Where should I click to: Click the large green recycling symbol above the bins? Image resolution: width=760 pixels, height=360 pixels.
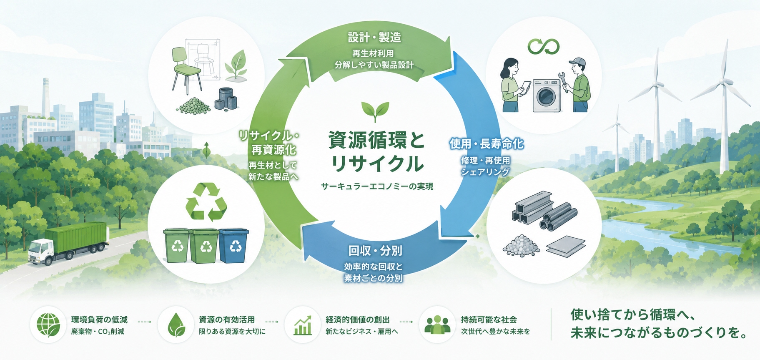pos(206,201)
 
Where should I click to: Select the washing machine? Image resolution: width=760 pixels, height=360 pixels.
pos(547,96)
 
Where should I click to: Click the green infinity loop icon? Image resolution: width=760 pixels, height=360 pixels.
pos(543,47)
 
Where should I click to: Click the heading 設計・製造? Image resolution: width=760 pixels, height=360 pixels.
pos(374,38)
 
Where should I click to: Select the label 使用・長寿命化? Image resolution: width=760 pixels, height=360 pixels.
pos(486,144)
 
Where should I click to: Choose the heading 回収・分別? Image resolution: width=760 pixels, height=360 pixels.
pos(375,251)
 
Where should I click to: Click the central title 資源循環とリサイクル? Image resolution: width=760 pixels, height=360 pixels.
pos(377,152)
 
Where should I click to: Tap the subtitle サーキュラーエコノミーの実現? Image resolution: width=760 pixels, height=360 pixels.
pos(377,186)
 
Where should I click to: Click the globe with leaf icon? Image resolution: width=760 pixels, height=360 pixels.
pos(48,325)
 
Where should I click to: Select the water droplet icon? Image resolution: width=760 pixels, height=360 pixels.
pos(176,325)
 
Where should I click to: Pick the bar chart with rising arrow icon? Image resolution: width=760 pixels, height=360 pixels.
pos(303,325)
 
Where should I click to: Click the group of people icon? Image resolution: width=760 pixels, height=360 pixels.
pos(437,325)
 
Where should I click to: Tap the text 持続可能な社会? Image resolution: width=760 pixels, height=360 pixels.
pos(489,320)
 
